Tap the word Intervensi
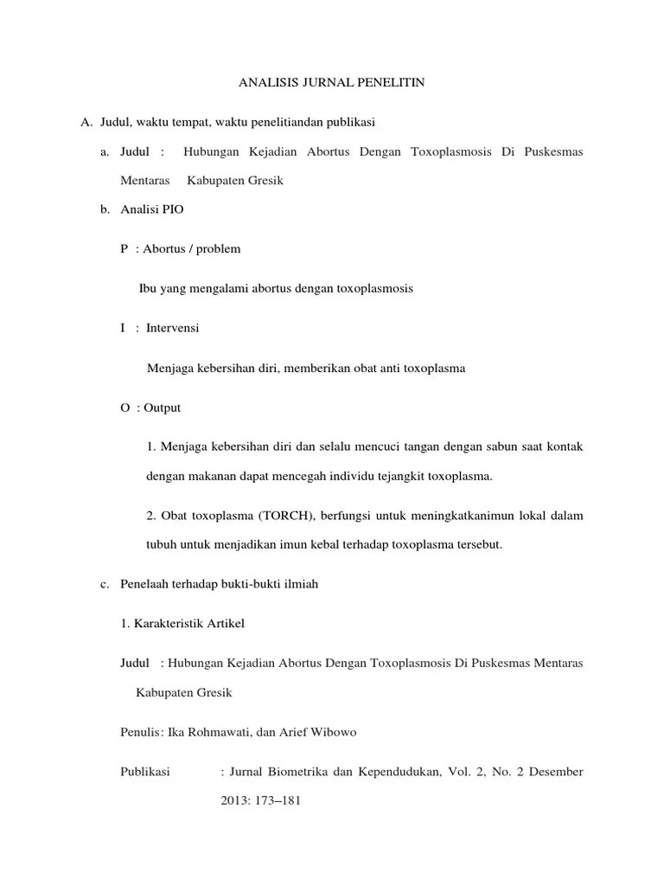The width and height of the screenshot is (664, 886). (173, 328)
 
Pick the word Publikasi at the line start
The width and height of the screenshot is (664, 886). (145, 771)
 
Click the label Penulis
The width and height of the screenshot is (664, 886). (139, 732)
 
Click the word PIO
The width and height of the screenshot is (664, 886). (172, 210)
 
